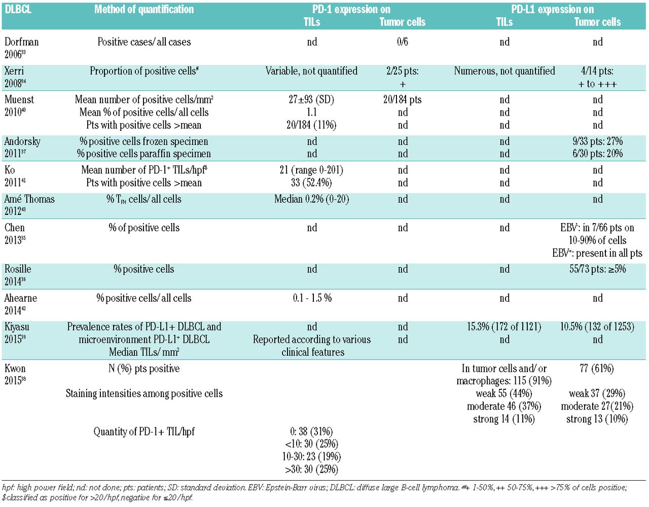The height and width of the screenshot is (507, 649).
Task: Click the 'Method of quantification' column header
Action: point(144,9)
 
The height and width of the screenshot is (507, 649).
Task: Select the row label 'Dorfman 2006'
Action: point(21,48)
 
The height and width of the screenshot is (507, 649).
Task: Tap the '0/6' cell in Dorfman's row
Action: point(402,42)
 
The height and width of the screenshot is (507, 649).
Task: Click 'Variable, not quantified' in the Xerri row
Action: point(311,71)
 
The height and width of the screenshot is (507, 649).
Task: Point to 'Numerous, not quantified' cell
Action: point(504,71)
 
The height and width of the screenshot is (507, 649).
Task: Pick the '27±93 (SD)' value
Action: point(311,99)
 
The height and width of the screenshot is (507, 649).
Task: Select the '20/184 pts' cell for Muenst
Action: point(402,99)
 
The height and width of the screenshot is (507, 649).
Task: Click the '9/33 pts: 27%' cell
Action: point(597,141)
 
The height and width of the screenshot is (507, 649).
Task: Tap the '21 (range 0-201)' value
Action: point(311,170)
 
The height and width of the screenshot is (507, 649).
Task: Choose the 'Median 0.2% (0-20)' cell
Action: point(311,199)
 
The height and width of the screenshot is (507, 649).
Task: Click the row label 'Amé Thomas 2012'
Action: point(29,205)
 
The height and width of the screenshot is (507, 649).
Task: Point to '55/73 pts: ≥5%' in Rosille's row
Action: point(597,269)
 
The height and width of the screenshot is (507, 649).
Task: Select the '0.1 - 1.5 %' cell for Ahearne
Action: point(312,298)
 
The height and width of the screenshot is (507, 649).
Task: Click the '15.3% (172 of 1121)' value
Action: point(504,327)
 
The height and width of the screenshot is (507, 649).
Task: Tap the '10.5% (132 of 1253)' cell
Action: point(597,327)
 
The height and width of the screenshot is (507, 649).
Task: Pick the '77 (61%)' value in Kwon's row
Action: point(597,369)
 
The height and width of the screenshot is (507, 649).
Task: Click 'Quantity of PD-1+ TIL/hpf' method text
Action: point(144,432)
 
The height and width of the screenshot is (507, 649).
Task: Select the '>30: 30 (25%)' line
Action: point(311,469)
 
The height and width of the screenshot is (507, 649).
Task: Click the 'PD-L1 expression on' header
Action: point(552,9)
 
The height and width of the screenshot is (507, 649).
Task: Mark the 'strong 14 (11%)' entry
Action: point(504,419)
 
